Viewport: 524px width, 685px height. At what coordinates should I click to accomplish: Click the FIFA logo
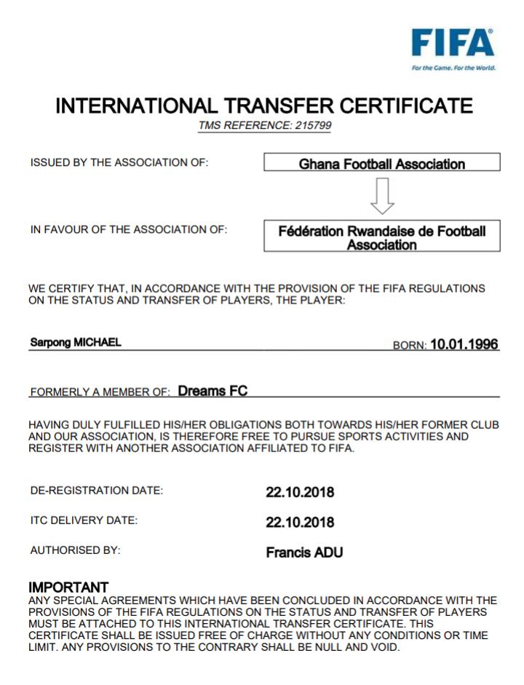tap(452, 44)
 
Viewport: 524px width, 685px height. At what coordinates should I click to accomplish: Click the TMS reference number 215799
tap(314, 126)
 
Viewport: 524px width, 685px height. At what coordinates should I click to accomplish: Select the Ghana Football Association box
tap(381, 163)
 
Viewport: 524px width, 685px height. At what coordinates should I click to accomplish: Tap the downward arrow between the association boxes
tap(382, 195)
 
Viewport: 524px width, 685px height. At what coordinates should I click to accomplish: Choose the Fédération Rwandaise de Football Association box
tap(381, 238)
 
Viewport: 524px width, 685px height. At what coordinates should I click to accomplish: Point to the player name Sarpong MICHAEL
tap(75, 343)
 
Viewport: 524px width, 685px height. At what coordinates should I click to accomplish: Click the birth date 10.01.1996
tap(464, 344)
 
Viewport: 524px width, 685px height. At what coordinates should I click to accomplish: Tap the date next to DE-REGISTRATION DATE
tap(300, 492)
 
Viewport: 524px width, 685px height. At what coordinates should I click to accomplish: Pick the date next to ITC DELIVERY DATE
tap(300, 523)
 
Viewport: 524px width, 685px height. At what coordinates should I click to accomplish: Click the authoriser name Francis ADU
tap(304, 553)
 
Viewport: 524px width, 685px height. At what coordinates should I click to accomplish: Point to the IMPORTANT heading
tap(68, 587)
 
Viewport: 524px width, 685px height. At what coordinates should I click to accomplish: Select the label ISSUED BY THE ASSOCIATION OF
tap(119, 162)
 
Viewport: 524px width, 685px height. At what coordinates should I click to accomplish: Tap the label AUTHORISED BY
tap(75, 551)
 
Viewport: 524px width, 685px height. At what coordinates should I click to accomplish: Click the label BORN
tap(409, 346)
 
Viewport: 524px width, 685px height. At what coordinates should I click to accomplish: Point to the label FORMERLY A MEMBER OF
tap(100, 392)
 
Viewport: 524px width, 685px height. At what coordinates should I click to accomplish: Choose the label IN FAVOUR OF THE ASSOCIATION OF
tap(129, 229)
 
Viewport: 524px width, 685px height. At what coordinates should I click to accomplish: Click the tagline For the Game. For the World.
tap(453, 68)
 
